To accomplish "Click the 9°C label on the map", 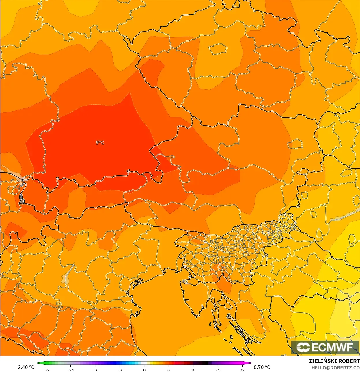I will (100, 142).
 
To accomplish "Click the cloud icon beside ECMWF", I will (303, 347).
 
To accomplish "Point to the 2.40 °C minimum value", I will (26, 367).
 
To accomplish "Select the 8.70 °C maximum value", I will (262, 367).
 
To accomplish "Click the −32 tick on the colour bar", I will (46, 370).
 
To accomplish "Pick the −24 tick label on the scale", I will (70, 370).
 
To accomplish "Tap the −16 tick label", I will (95, 370).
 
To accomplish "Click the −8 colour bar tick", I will (119, 370).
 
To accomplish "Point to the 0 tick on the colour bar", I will (144, 370).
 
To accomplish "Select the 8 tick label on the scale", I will (169, 370).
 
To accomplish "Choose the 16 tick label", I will (193, 370).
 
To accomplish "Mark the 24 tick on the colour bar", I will (217, 370).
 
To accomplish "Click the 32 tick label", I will (242, 370).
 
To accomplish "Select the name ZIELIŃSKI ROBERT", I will (334, 361).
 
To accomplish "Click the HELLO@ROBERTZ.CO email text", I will (335, 368).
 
